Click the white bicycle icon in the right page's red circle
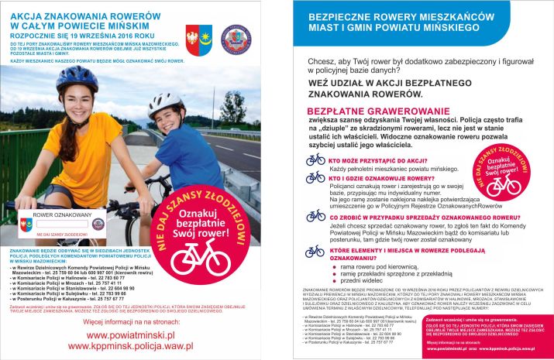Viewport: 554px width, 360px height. coord(502,184)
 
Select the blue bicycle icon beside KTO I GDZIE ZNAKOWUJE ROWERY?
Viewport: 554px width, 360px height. coord(315,179)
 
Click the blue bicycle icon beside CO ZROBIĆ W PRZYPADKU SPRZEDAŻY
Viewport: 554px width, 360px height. coord(315,216)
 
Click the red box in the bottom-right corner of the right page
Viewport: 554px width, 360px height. coord(489,334)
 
